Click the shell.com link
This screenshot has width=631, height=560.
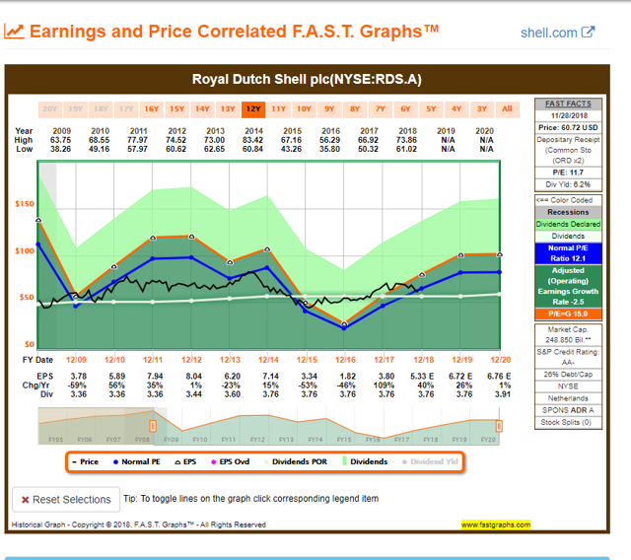pyautogui.click(x=557, y=32)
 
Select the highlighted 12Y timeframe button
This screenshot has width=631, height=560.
pyautogui.click(x=252, y=108)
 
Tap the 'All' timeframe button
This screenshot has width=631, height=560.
pyautogui.click(x=507, y=108)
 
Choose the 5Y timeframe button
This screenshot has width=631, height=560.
pyautogui.click(x=431, y=108)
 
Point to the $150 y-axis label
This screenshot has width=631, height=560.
pyautogui.click(x=24, y=204)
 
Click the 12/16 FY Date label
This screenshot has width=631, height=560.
pyautogui.click(x=345, y=360)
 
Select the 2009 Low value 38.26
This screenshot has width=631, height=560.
pyautogui.click(x=61, y=149)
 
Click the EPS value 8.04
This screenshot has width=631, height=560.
pyautogui.click(x=190, y=377)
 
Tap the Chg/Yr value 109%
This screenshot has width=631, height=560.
pyautogui.click(x=384, y=385)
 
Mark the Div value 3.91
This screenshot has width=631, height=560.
pyautogui.click(x=498, y=394)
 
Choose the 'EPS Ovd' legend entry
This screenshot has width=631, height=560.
pyautogui.click(x=237, y=461)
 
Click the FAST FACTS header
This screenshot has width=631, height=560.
pyautogui.click(x=568, y=104)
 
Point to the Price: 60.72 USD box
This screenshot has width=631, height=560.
pyautogui.click(x=568, y=127)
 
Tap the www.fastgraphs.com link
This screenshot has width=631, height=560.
pyautogui.click(x=496, y=525)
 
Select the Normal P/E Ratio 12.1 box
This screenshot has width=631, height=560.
pyautogui.click(x=568, y=253)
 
